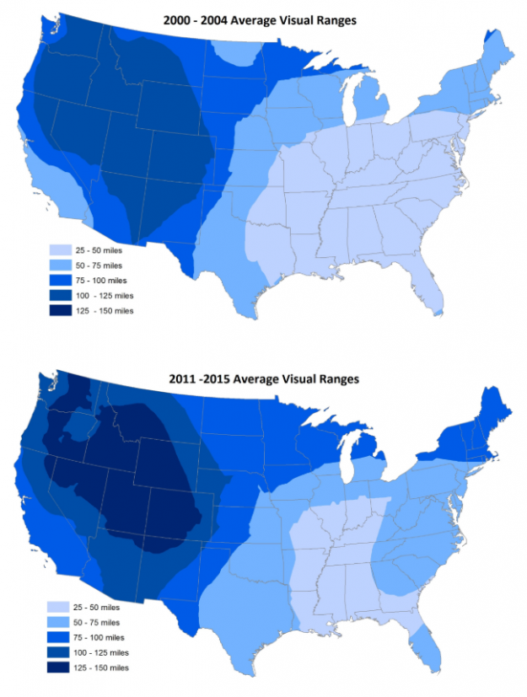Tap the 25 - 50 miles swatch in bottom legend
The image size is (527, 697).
pyautogui.click(x=60, y=608)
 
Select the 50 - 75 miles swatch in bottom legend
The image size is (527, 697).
pyautogui.click(x=60, y=623)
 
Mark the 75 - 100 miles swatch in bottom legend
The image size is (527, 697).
pyautogui.click(x=60, y=638)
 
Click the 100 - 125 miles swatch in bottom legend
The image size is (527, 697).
pyautogui.click(x=60, y=653)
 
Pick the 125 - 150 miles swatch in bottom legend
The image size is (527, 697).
pyautogui.click(x=60, y=668)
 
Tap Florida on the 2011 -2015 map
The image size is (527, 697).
pyautogui.click(x=429, y=648)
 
